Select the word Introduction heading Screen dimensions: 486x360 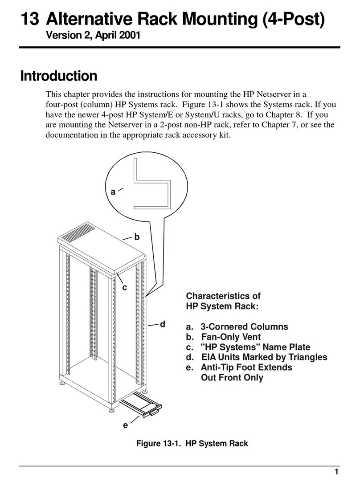point(59,76)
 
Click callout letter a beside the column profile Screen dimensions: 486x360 point(113,192)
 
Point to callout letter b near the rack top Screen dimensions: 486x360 point(137,238)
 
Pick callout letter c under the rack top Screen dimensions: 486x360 point(125,288)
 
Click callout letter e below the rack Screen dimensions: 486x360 point(125,425)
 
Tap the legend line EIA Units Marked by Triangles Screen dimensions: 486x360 point(256,358)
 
